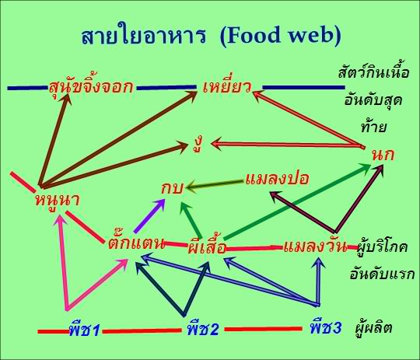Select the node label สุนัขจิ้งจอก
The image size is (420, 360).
(90, 85)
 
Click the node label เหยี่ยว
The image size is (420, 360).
(226, 85)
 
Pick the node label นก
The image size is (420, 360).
(382, 153)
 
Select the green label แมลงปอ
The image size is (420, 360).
(277, 178)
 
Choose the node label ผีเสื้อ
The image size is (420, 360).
(208, 249)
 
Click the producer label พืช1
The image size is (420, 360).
(84, 330)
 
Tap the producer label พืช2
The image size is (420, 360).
(203, 330)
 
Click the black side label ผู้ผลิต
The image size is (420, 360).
(373, 328)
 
